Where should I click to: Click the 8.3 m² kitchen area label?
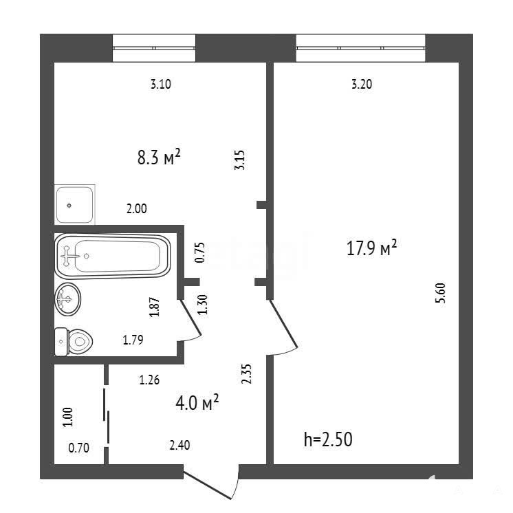click(159, 157)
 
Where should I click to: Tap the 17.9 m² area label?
click(371, 248)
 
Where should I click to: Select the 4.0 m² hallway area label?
click(197, 402)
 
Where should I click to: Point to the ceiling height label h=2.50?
click(328, 439)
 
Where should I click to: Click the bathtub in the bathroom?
click(113, 256)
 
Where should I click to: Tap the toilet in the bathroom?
click(74, 342)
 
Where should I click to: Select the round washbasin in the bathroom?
click(67, 299)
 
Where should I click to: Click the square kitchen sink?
click(74, 205)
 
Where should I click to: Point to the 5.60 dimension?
click(440, 293)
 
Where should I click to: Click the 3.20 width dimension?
click(362, 84)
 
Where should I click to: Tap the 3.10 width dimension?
click(161, 84)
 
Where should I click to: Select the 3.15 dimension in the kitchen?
click(239, 160)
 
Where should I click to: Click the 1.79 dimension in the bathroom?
click(133, 340)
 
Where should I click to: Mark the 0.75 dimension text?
click(199, 252)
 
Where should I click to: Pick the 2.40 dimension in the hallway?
click(179, 446)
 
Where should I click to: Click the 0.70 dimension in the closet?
click(78, 448)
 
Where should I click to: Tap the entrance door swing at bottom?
click(208, 485)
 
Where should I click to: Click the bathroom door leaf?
click(190, 318)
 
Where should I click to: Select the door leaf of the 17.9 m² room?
click(283, 324)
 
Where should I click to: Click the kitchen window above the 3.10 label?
click(154, 48)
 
